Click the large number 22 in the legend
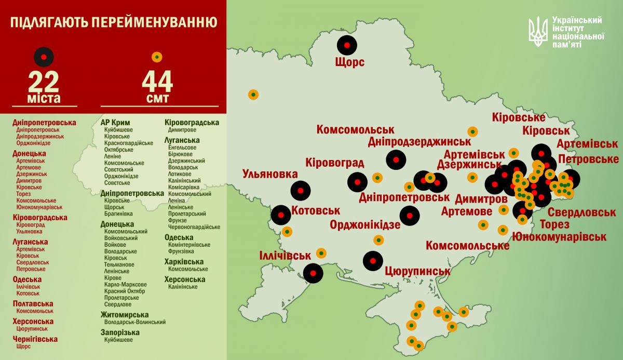pyautogui.click(x=44, y=82)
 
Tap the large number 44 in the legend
pyautogui.click(x=157, y=82)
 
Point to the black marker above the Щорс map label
pyautogui.click(x=347, y=45)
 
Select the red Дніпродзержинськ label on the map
pyautogui.click(x=419, y=141)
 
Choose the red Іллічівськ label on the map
pyautogui.click(x=285, y=256)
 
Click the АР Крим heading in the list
pyautogui.click(x=116, y=123)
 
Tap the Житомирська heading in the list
pyautogui.click(x=125, y=314)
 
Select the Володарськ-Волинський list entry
pyautogui.click(x=135, y=322)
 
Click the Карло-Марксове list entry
pyautogui.click(x=125, y=284)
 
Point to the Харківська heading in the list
pyautogui.click(x=184, y=261)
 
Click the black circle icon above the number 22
pyautogui.click(x=44, y=56)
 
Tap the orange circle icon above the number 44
pyautogui.click(x=157, y=57)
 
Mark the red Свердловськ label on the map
pyautogui.click(x=581, y=213)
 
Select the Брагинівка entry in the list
pyautogui.click(x=118, y=214)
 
